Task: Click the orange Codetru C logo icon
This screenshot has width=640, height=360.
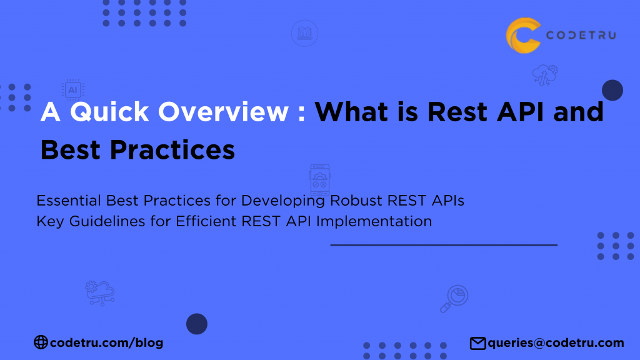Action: point(522,35)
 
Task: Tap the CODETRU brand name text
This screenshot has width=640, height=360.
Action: point(581,36)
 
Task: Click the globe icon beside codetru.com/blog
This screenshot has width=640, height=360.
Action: point(41,342)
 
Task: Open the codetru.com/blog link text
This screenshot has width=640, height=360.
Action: point(106,342)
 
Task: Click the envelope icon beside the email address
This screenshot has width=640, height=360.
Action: point(477,343)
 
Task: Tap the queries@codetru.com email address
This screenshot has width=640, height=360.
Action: point(556,342)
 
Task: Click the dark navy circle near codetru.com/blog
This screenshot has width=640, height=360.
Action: point(197,324)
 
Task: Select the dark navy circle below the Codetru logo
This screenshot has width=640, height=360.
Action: point(612,90)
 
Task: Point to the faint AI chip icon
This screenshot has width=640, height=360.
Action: point(72,89)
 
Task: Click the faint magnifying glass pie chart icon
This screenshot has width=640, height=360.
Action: point(454,298)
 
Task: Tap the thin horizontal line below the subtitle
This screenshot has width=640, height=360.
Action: point(444,245)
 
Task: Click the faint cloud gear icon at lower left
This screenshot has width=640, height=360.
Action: point(100,292)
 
